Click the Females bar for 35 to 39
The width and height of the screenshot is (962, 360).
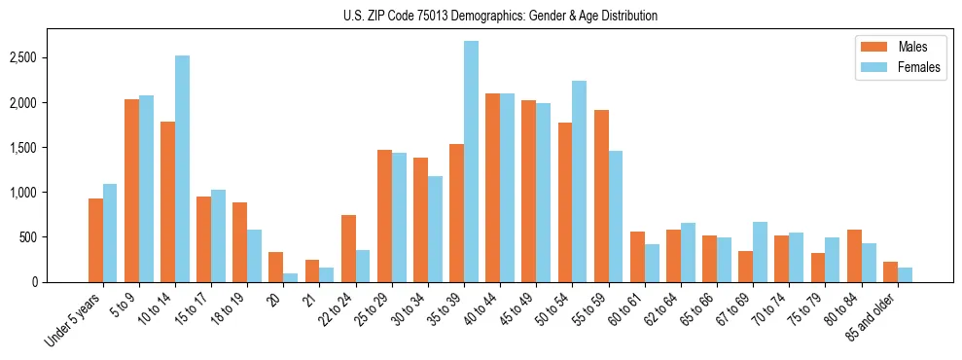471,162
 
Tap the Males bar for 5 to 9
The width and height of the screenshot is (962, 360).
131,191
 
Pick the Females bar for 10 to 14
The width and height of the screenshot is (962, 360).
182,169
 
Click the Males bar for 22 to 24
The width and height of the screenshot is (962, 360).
348,249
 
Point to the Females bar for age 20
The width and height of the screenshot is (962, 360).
291,278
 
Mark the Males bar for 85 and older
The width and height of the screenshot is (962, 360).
890,272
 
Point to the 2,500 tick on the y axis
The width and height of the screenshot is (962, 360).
49,58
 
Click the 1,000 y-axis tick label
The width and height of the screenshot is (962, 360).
49,193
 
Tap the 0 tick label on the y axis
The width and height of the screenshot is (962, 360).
59,282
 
